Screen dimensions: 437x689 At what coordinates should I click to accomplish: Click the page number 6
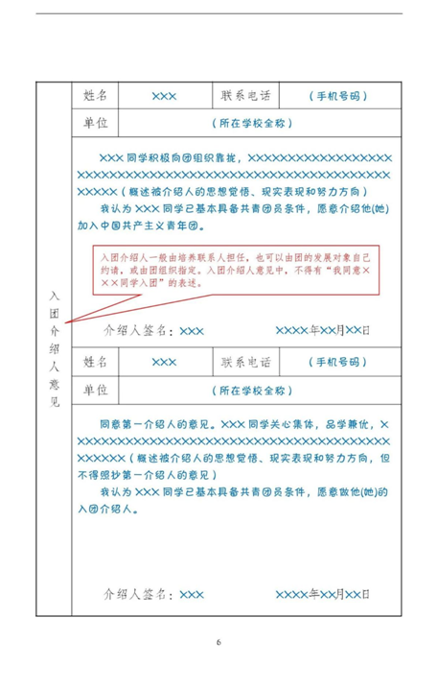tap(218, 641)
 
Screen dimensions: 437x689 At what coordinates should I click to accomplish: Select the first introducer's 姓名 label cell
tap(96, 96)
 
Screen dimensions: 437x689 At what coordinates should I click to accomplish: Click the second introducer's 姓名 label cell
tap(96, 362)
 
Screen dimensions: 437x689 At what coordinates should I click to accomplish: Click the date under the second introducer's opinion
tap(322, 595)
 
